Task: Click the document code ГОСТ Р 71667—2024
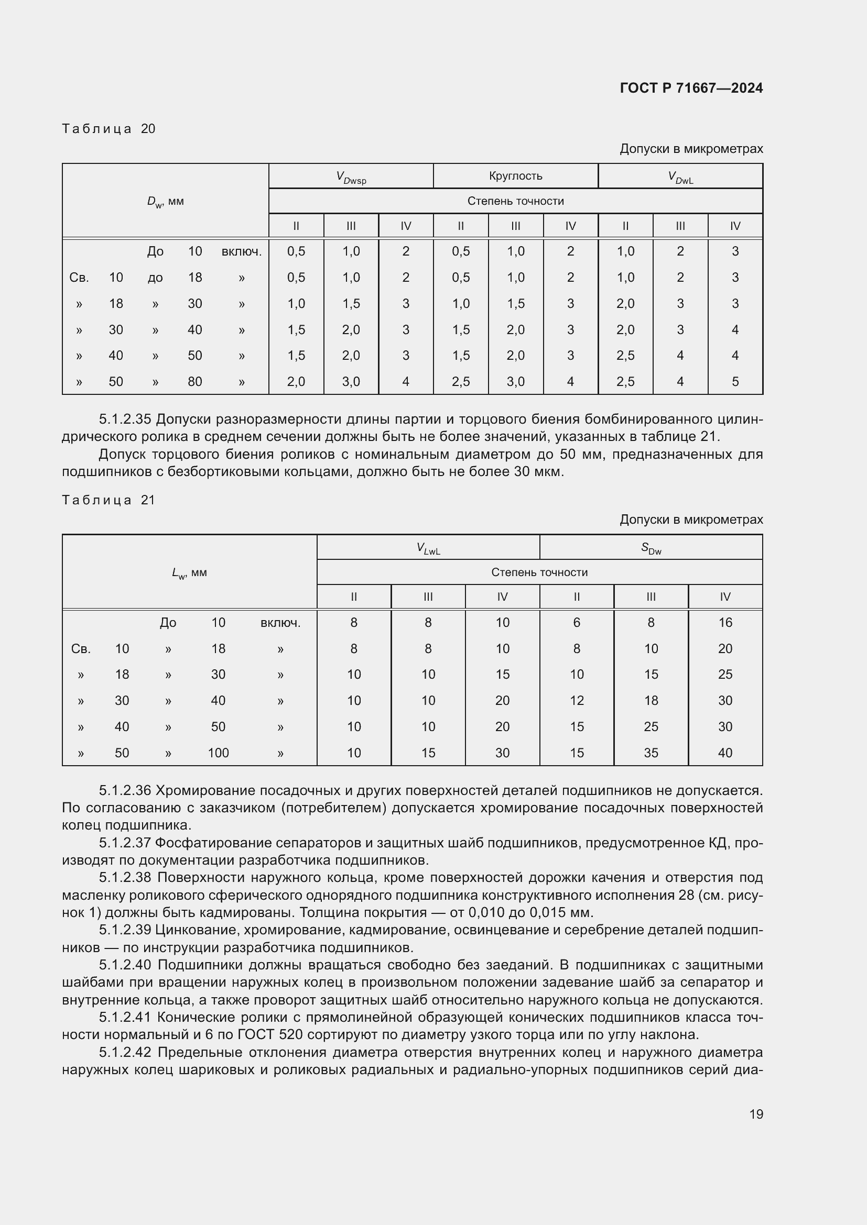click(691, 88)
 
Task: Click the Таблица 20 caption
click(109, 129)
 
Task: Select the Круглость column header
click(515, 175)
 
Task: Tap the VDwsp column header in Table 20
click(351, 177)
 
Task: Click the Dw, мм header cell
click(166, 202)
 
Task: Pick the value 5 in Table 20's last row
click(734, 381)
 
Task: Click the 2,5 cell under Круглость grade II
click(461, 381)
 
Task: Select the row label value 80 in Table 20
click(195, 381)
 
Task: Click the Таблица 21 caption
click(109, 500)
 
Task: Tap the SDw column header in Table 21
click(651, 548)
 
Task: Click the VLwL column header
click(428, 548)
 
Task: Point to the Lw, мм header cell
click(190, 573)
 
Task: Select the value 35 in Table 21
click(651, 753)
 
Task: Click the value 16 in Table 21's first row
click(725, 622)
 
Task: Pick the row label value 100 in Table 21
click(218, 753)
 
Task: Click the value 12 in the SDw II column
click(577, 701)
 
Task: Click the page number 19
click(756, 1114)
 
